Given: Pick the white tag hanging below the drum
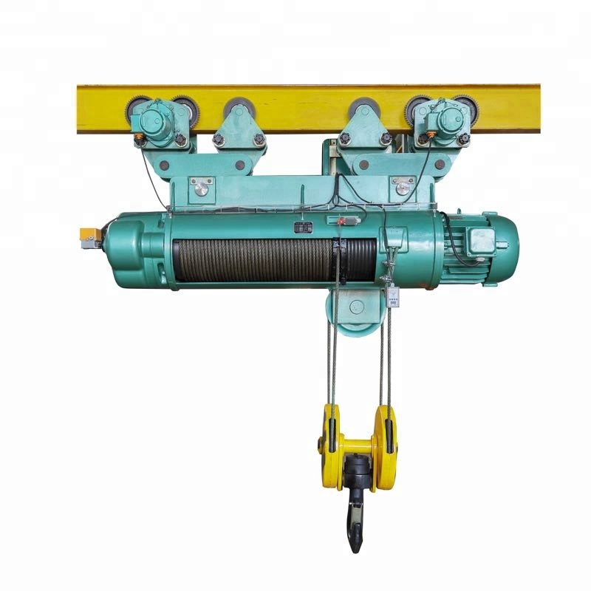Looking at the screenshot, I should (393, 297).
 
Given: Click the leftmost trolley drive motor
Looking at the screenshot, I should (157, 122).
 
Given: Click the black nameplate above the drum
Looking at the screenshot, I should (302, 228).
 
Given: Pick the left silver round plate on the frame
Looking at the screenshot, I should (200, 188).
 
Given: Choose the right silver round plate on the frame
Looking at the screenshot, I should (403, 188).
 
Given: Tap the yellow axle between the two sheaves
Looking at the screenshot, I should (358, 445).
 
